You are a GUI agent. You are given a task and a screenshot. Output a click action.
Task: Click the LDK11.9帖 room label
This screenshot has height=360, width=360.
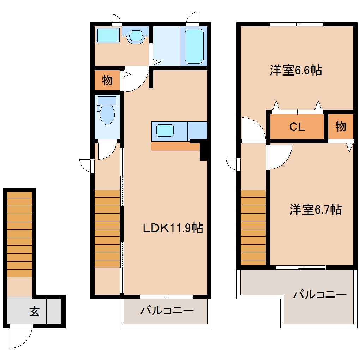coord(173,228)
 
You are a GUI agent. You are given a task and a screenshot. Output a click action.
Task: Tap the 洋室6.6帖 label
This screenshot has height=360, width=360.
coord(296,70)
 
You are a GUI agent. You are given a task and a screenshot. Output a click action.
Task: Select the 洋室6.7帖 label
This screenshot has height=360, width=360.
coord(316,210)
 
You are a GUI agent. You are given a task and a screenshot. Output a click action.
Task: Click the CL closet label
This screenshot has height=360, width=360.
coord(297,127)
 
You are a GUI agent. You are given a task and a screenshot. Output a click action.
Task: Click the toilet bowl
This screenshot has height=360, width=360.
coord(107,114)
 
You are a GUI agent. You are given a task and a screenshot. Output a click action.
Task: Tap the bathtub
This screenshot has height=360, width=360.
coord(194,46)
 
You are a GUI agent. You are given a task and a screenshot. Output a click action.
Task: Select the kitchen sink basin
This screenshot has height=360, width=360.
coord(165,130)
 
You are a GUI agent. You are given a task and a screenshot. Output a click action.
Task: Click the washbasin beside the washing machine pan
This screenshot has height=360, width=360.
coord(135,35)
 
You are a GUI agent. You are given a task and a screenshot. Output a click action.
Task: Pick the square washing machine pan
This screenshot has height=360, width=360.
coord(108,36)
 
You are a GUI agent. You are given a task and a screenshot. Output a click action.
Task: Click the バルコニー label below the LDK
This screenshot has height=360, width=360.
coord(167,311)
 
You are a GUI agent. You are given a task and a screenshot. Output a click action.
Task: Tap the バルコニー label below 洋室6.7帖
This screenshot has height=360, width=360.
coord(320,294)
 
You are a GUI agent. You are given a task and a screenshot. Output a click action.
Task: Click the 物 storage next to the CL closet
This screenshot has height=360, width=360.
coord(341,126)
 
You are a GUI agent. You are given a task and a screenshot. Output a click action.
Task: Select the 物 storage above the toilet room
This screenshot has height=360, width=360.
coord(107,80)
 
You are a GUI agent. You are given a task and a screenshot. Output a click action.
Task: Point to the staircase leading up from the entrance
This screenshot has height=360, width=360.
coord(20,234)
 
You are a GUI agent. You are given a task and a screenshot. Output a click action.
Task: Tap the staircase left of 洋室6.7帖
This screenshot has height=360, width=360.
coord(253,227)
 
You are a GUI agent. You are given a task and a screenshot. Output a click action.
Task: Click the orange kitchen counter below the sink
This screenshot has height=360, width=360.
coord(175,146)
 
